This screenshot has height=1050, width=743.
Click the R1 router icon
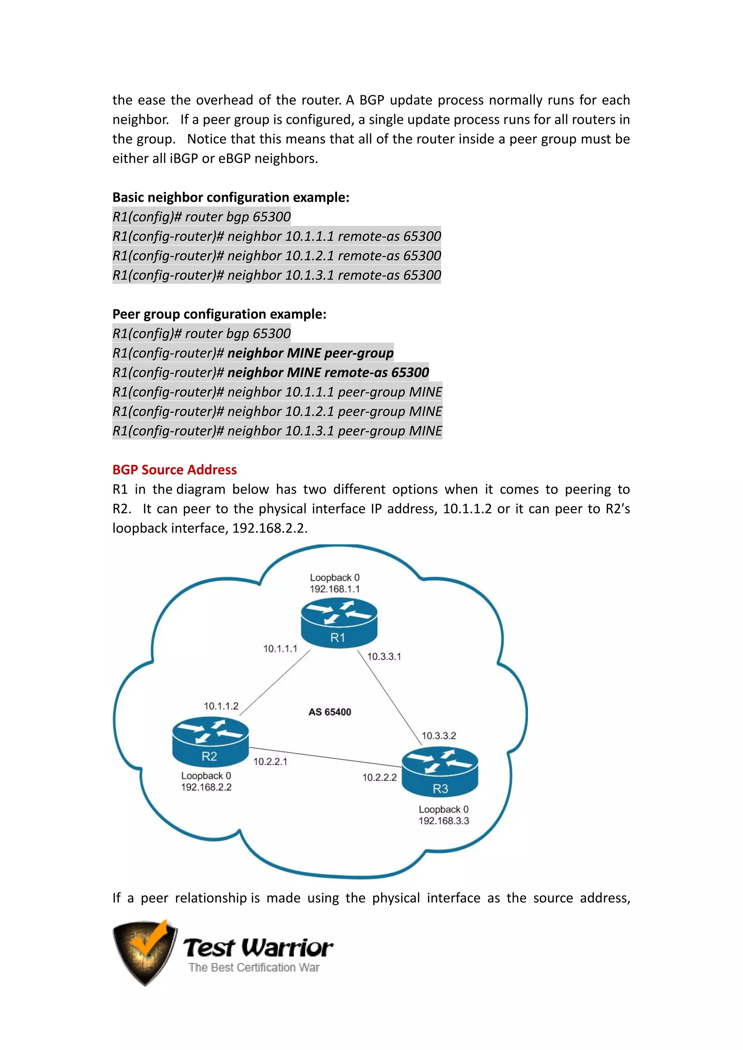click(x=339, y=623)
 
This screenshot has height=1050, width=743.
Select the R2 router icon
click(x=210, y=742)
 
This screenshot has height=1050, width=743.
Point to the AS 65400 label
click(x=330, y=712)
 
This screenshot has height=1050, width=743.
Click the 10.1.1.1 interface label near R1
click(x=280, y=649)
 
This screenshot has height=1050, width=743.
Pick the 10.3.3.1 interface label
click(x=384, y=656)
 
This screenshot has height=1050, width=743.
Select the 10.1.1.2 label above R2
click(x=221, y=706)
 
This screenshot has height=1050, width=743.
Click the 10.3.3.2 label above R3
click(x=439, y=736)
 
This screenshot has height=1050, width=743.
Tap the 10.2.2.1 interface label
click(x=270, y=761)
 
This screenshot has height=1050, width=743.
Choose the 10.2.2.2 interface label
click(x=379, y=777)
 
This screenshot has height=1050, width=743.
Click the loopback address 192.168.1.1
click(x=334, y=589)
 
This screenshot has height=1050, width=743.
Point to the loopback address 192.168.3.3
click(x=444, y=821)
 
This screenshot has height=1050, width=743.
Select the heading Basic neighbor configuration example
click(x=231, y=197)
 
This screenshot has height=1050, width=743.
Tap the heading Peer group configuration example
click(x=219, y=314)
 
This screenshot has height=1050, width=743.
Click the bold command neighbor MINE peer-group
click(x=310, y=353)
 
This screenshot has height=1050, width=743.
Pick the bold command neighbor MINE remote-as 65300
click(x=328, y=372)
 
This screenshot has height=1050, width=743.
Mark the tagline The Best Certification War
click(x=254, y=967)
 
